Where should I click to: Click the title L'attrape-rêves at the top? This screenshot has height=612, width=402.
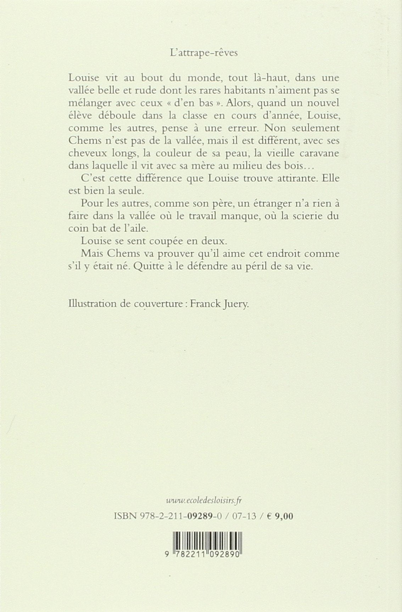[x=203, y=53]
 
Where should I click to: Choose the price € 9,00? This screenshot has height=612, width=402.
[x=280, y=516]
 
